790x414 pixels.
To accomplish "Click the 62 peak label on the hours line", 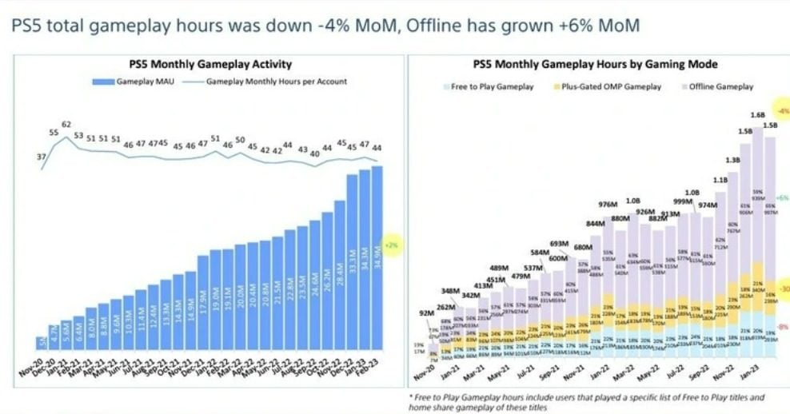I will [66, 125].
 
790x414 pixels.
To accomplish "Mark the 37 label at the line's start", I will [41, 157].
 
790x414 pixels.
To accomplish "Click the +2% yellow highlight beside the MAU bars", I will [392, 245].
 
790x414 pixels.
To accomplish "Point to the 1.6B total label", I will [756, 114].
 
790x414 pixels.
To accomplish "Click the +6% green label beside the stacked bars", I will [782, 197].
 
